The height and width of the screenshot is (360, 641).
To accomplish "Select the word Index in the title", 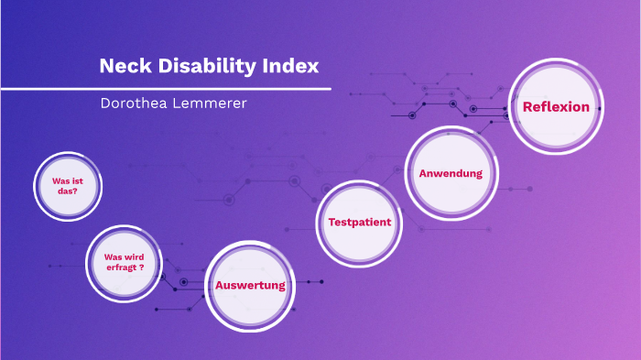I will pos(292,67).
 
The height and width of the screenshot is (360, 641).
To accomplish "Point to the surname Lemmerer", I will pos(216,104).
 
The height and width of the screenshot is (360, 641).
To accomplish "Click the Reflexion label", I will pos(556,107).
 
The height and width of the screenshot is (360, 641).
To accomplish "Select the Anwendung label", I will pos(451,173).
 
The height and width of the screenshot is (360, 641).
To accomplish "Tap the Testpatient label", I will pos(360,222).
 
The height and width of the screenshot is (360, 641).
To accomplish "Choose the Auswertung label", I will pos(250,285).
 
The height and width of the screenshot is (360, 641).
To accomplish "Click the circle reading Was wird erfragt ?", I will pos(124,263).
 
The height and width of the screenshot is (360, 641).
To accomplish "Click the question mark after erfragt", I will pos(142,269).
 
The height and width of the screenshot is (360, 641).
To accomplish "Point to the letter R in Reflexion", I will pos(527,107).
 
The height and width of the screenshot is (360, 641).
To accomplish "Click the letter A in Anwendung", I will pos(423,173).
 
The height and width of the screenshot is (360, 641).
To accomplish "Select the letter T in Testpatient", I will pos(331,222).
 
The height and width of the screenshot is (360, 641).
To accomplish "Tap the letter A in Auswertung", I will pos(220,285).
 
